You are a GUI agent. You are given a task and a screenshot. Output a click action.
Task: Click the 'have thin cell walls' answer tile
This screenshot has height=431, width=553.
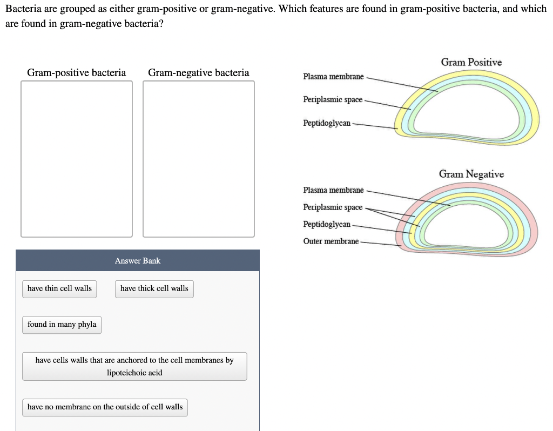(59, 288)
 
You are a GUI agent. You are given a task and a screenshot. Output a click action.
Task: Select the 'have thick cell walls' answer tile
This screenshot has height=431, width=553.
(154, 288)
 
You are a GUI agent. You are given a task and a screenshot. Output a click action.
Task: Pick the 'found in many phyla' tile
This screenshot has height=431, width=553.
(62, 325)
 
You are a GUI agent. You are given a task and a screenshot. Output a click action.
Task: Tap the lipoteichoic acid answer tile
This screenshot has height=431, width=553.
(134, 366)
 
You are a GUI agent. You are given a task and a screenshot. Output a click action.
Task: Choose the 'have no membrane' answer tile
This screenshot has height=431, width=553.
(105, 407)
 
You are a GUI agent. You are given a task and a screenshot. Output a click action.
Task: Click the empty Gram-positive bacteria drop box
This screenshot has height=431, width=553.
(77, 159)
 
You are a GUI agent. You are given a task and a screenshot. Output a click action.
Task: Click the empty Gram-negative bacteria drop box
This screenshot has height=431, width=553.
(199, 159)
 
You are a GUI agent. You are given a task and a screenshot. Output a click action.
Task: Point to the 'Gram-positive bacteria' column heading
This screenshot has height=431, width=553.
(77, 73)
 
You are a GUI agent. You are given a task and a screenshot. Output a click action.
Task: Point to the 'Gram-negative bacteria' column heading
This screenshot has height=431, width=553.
(199, 73)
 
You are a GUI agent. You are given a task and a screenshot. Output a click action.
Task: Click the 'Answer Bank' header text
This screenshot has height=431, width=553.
(138, 261)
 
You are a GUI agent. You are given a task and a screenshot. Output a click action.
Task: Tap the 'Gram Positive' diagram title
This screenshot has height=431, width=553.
(471, 63)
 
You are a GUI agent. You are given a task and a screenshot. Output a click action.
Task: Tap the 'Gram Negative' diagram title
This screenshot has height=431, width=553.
(471, 174)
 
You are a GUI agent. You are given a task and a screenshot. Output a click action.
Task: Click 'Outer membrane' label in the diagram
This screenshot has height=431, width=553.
(331, 241)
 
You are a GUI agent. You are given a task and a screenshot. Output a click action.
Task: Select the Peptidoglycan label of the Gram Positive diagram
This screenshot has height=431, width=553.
(327, 124)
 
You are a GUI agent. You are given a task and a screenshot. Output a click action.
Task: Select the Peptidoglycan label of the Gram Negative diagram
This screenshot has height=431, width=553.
(327, 224)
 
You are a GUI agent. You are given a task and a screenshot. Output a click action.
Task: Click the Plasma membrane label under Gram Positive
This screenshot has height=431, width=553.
(333, 77)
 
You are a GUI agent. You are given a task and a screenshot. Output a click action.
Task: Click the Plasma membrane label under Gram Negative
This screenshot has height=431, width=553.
(333, 190)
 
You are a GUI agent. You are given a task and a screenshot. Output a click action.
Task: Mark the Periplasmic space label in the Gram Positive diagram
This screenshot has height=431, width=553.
(333, 100)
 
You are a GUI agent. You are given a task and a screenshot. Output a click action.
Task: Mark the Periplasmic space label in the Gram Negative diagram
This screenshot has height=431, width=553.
(333, 207)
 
